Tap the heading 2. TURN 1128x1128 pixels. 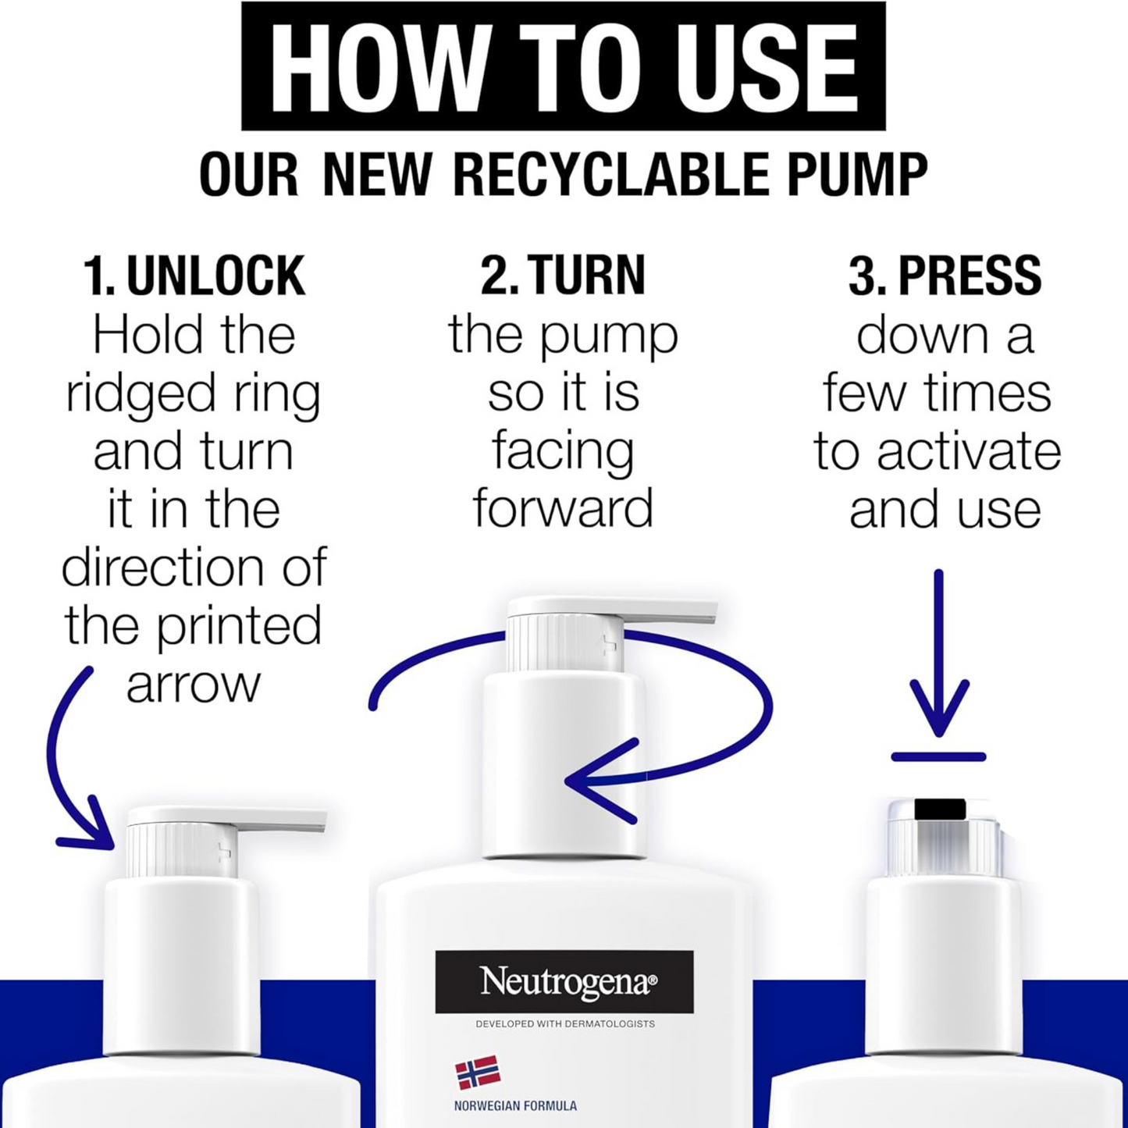(563, 275)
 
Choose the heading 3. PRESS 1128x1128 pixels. (945, 275)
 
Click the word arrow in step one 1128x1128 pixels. (193, 685)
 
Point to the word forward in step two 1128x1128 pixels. (563, 508)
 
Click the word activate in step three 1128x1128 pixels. (969, 452)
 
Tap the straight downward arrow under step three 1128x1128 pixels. (939, 652)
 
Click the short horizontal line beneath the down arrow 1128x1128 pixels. (939, 757)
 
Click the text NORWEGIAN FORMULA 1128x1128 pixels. (516, 1106)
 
